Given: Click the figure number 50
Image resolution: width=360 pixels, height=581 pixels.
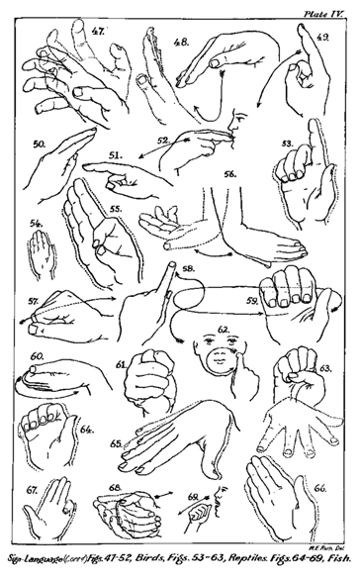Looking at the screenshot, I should (x=41, y=145).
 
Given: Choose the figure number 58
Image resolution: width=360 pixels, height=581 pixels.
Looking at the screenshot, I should (x=188, y=268).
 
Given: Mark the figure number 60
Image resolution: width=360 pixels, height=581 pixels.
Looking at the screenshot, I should (x=37, y=354).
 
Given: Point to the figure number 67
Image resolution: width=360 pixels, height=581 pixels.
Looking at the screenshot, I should (x=34, y=489).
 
